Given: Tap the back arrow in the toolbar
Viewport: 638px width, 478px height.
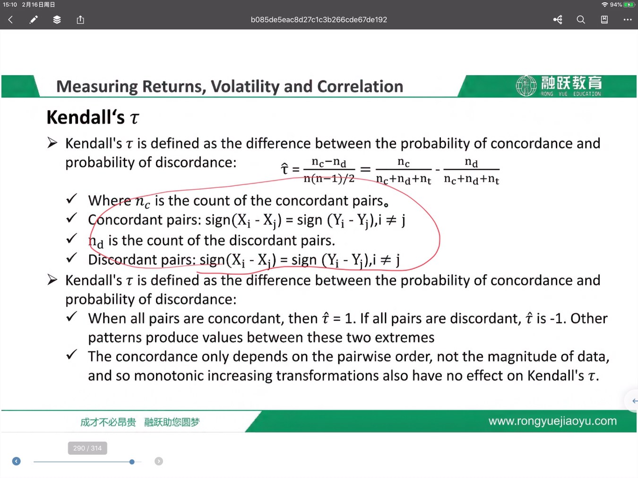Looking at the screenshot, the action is pos(10,20).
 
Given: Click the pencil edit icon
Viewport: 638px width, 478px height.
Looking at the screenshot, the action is pos(34,20).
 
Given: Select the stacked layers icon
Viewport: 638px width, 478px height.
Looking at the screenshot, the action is pos(57,20).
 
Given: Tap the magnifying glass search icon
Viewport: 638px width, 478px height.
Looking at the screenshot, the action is pos(581,20).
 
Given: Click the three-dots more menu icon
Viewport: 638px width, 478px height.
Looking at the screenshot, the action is pos(628,20).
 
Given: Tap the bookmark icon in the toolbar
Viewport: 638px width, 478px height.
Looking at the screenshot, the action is pos(604,20).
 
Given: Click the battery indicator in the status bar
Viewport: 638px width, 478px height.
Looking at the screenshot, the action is pos(629,5).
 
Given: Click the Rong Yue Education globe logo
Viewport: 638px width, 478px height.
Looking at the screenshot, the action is pos(526,85).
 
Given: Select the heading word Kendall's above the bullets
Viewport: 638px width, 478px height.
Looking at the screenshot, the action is pos(86,117).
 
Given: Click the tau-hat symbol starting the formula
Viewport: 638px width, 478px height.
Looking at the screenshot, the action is pos(285,169).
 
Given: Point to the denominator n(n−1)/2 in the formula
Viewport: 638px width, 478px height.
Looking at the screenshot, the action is pos(329,179).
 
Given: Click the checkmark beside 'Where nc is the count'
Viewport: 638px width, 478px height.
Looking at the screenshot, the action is pos(71,199).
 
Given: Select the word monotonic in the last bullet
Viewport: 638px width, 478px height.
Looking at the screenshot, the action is pos(169,376).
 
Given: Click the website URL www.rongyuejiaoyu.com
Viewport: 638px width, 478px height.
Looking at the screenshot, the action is pos(552,421).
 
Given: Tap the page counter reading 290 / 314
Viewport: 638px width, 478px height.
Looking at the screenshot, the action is pos(87,448).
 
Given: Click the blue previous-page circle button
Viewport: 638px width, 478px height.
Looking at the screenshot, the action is pos(16,461).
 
